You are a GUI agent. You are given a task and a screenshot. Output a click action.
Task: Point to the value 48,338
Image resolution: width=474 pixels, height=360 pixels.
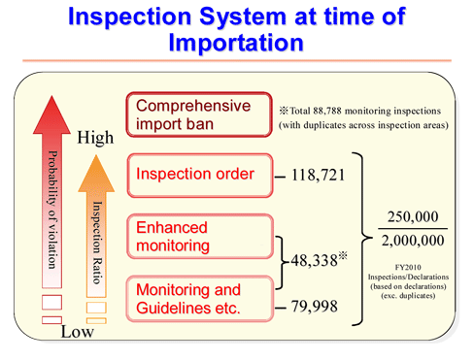[x=314, y=260]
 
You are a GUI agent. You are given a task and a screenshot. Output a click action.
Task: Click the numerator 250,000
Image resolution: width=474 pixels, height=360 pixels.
[x=412, y=216]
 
